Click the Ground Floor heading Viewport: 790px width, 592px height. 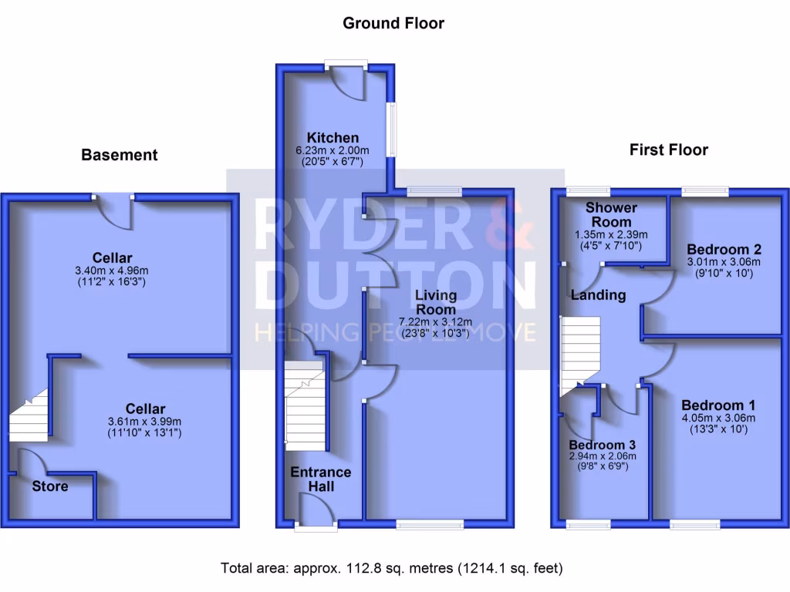coord(393,23)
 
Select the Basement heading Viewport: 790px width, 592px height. coord(120,155)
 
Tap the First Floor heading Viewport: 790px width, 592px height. coord(668,150)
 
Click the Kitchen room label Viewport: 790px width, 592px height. coord(333,138)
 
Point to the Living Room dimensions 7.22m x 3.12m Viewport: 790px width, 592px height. coord(436,322)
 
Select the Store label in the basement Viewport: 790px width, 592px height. coord(50,486)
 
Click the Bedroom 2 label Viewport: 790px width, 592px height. coord(724,249)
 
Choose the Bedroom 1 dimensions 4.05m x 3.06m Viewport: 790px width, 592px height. coord(718,419)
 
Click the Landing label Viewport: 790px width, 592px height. coord(598,295)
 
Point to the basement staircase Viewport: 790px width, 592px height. coord(29,415)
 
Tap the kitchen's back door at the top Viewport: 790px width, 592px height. coord(346,82)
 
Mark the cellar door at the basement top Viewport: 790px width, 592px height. coord(113,211)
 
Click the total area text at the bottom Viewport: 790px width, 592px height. coord(392,569)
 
